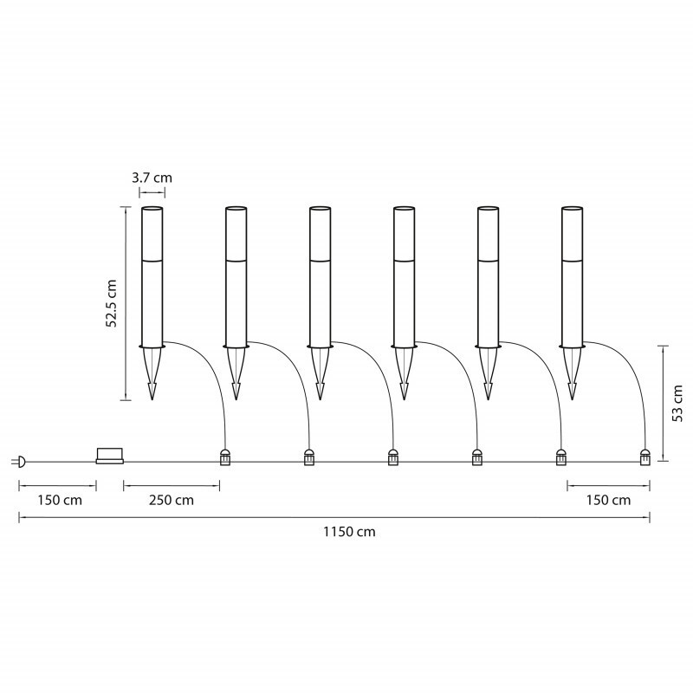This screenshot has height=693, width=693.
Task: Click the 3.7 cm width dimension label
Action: click(152, 178)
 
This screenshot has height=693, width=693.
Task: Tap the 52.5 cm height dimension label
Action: click(112, 303)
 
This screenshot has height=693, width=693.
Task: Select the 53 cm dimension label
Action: click(677, 403)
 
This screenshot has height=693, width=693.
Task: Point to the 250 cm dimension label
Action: click(172, 501)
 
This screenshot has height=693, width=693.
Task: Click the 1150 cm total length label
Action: click(349, 531)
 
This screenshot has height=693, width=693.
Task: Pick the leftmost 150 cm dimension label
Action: click(60, 501)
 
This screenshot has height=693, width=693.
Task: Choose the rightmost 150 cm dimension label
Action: click(609, 501)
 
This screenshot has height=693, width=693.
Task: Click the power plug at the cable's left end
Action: click(19, 462)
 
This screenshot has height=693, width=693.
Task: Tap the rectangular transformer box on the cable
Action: click(110, 457)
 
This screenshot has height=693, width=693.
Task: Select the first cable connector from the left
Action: click(225, 457)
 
